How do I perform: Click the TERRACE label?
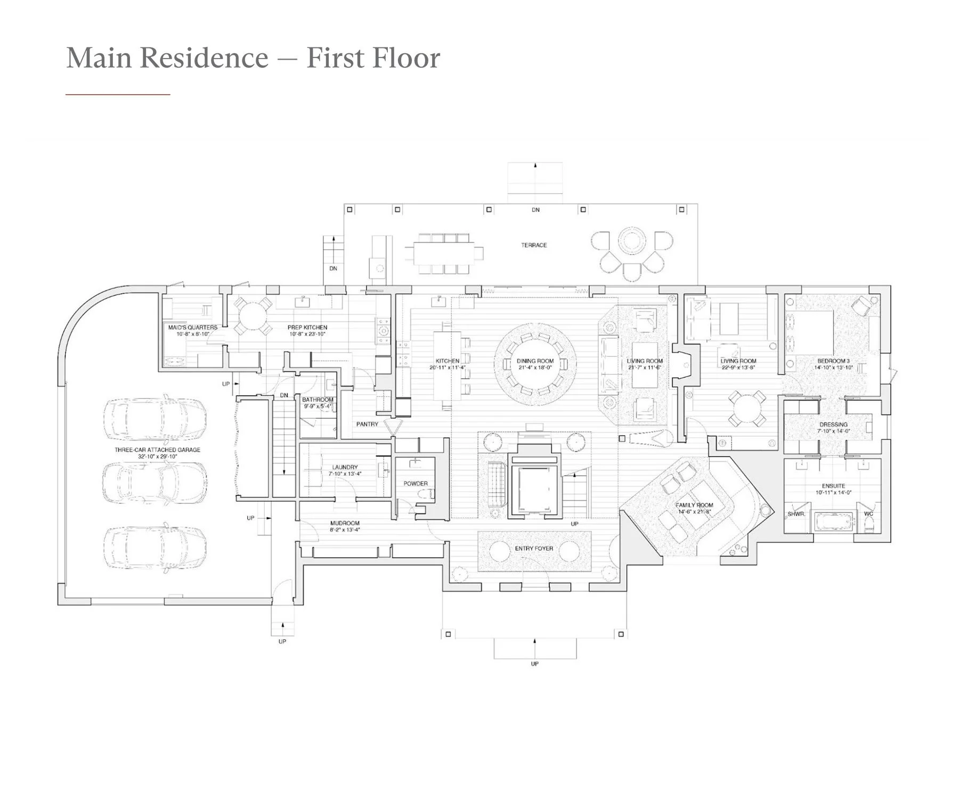tap(534, 245)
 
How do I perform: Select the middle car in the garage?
tap(155, 481)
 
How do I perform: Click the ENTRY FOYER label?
tap(534, 548)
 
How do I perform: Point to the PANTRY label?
tap(367, 424)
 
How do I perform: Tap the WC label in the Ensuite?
tap(868, 514)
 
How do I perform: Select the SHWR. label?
tap(796, 515)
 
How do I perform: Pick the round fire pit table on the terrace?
tap(632, 241)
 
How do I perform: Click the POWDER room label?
tap(416, 484)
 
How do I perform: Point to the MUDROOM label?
tap(345, 523)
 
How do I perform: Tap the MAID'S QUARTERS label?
tap(193, 328)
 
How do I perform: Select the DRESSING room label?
tap(833, 425)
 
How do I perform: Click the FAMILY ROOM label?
tap(694, 505)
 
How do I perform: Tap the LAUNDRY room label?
tap(345, 467)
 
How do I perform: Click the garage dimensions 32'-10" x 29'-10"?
tap(158, 456)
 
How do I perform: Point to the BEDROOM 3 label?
tap(833, 361)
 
